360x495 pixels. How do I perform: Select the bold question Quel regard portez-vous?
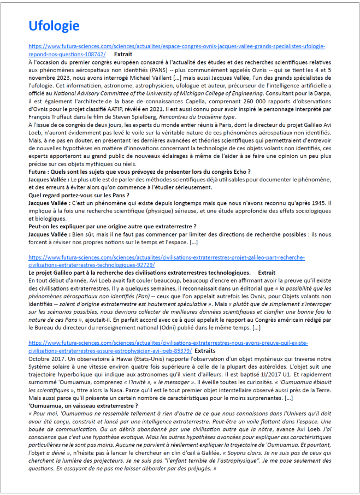[79, 195]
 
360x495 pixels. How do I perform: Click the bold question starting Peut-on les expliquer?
[112, 226]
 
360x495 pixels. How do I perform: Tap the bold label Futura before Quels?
[39, 172]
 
